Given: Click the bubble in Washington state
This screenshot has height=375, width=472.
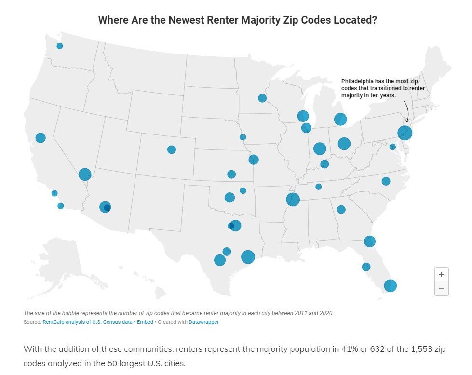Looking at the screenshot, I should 60,46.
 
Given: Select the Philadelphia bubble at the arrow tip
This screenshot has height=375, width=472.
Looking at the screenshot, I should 405,132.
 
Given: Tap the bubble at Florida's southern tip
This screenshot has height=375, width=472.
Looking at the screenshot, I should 390,285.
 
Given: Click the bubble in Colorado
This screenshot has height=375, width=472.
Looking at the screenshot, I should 172,149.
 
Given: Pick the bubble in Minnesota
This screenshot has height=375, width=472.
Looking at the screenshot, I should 262,98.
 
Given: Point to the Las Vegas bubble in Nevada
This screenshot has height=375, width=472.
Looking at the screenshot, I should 85,174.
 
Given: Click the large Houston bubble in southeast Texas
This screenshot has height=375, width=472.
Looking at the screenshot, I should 248,257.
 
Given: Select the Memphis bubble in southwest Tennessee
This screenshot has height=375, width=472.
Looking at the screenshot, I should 293,199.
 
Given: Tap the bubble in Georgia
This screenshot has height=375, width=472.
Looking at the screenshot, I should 341,209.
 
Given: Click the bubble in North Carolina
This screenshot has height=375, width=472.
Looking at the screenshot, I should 386,181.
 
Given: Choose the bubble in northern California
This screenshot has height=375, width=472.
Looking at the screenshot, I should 40,138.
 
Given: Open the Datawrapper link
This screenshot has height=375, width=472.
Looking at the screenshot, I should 203,322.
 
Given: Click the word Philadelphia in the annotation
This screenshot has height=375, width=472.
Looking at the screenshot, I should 357,81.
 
